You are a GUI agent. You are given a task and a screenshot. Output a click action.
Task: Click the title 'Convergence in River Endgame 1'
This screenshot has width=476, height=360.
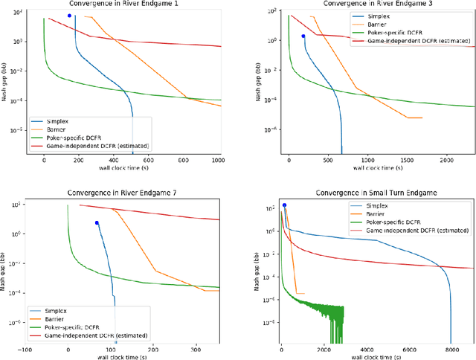(123, 4)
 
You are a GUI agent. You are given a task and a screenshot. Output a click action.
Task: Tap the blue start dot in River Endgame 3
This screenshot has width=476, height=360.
(303, 36)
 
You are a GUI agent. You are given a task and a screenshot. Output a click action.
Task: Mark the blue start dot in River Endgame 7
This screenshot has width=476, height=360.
(97, 222)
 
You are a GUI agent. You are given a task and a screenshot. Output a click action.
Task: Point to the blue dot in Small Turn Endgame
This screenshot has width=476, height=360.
(283, 205)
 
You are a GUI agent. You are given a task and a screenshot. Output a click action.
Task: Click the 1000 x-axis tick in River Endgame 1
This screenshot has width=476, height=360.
(217, 160)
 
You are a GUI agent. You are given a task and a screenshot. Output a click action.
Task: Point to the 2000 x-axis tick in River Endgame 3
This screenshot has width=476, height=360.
(445, 160)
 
